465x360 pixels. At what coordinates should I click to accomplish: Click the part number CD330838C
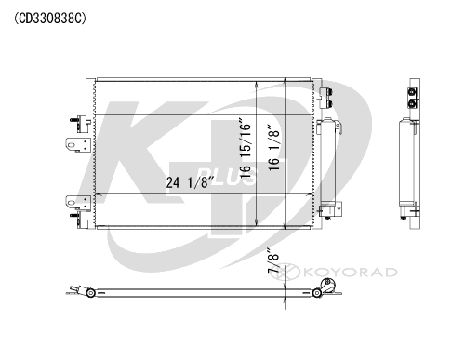[x=50, y=19]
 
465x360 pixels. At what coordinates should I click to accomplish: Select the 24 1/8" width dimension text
[x=191, y=182]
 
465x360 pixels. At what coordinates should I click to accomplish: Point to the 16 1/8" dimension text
[x=274, y=147]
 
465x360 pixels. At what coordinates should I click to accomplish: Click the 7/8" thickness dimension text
[x=273, y=260]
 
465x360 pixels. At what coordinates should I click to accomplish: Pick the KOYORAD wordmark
[x=351, y=273]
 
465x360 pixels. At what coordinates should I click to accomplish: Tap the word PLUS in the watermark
[x=226, y=177]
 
